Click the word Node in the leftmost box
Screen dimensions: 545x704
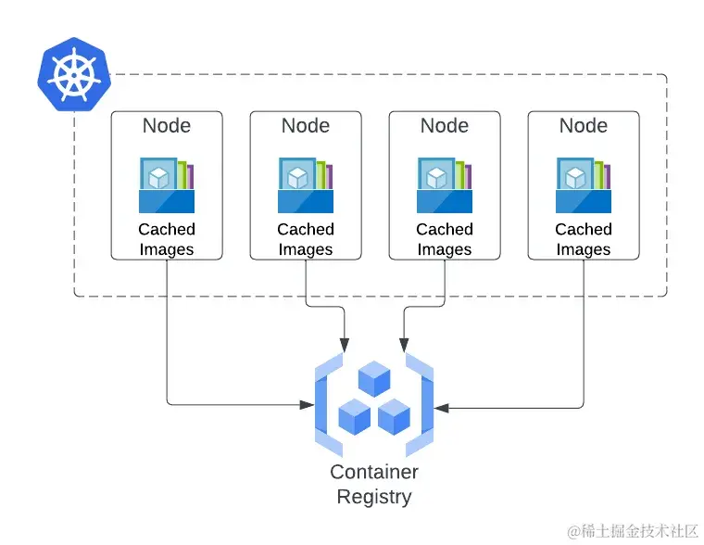pyautogui.click(x=167, y=126)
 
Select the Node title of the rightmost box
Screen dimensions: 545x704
pyautogui.click(x=584, y=126)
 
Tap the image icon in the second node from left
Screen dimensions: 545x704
pyautogui.click(x=306, y=185)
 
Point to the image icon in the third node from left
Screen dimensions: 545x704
pyautogui.click(x=445, y=185)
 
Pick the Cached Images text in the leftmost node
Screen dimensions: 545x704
pyautogui.click(x=167, y=239)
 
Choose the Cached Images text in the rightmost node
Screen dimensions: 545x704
pyautogui.click(x=584, y=239)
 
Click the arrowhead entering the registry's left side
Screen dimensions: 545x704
pyautogui.click(x=308, y=405)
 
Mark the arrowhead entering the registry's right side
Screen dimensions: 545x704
pyautogui.click(x=442, y=407)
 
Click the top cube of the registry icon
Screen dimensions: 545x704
pyautogui.click(x=375, y=378)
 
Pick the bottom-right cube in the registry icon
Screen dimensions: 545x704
pyautogui.click(x=394, y=416)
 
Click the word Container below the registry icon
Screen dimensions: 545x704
pyautogui.click(x=374, y=472)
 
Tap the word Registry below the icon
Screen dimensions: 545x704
pyautogui.click(x=374, y=497)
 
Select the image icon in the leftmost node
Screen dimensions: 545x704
pyautogui.click(x=167, y=185)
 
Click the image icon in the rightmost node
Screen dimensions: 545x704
pyautogui.click(x=584, y=185)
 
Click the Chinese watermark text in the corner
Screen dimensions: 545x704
pyautogui.click(x=634, y=530)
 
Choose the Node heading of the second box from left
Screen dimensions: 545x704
pyautogui.click(x=306, y=126)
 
